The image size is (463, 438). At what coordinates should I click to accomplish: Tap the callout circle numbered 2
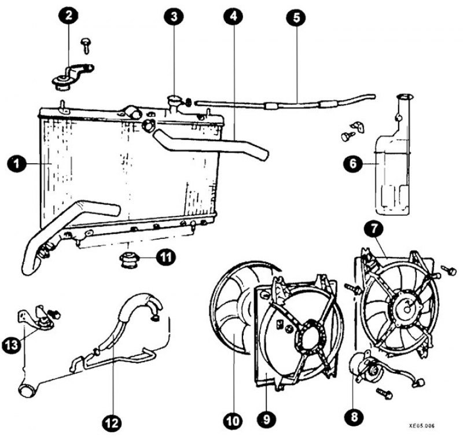(69, 16)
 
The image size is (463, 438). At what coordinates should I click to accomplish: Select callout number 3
(173, 17)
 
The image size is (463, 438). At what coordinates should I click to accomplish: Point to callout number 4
(233, 17)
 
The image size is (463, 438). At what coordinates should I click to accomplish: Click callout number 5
(296, 17)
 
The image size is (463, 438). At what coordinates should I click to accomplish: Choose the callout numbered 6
(351, 164)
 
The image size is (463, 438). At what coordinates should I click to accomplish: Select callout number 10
(233, 421)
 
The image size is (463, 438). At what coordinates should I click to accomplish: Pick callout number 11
(166, 256)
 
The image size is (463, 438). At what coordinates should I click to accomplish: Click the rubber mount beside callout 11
(128, 260)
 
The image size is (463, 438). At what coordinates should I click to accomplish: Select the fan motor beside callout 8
(362, 368)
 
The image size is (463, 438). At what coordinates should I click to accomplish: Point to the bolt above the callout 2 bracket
(86, 43)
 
